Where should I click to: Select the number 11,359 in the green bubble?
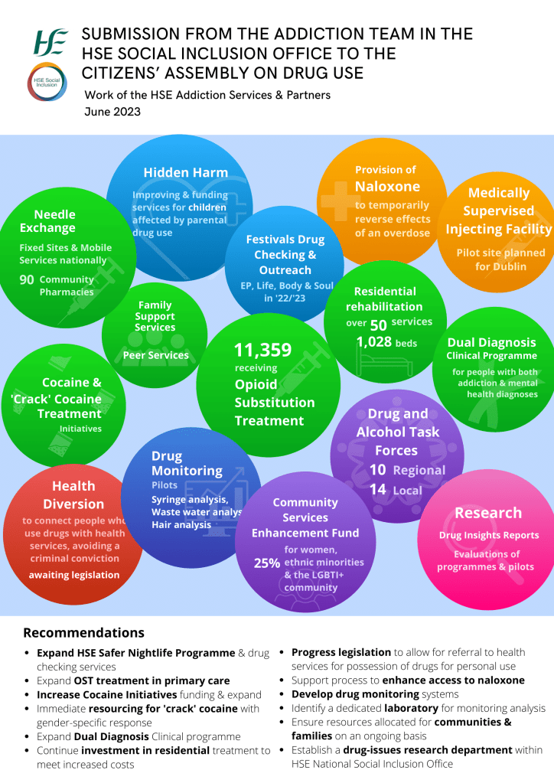click(x=262, y=351)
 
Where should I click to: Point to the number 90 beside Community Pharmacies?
click(x=27, y=280)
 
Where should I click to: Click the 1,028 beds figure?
click(x=386, y=342)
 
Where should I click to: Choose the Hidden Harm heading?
click(x=185, y=172)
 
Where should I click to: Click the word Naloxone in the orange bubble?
click(x=387, y=187)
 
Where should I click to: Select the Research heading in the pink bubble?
click(x=488, y=513)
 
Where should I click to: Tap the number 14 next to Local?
click(x=377, y=490)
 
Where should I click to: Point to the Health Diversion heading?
click(x=73, y=494)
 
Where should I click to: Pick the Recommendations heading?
click(x=83, y=633)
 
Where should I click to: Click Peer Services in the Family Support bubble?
click(x=155, y=355)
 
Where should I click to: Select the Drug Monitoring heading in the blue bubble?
click(x=187, y=463)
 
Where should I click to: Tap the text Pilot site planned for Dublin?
click(x=500, y=259)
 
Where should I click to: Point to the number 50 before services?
click(x=378, y=324)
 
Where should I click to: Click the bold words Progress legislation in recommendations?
click(x=341, y=652)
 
